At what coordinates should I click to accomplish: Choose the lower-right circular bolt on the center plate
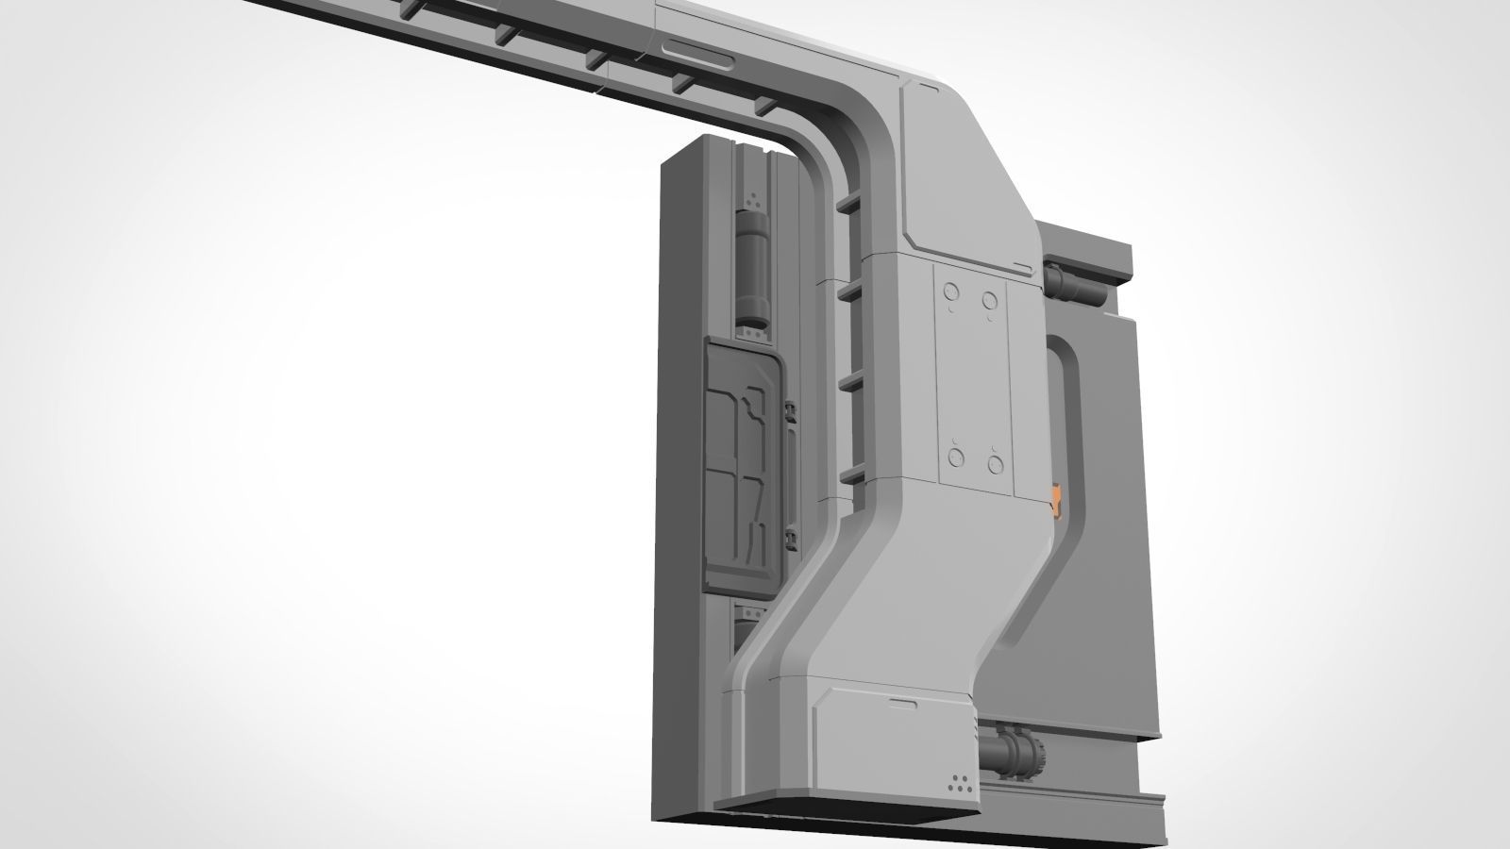click(994, 462)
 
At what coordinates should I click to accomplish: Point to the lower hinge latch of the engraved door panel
click(790, 539)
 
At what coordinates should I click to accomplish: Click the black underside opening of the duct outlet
click(845, 807)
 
